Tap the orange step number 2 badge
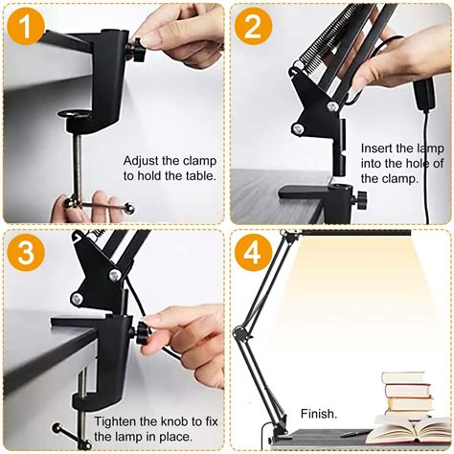pos(253,27)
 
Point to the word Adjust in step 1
pos(143,161)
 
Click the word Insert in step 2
pos(377,148)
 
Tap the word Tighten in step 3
pos(116,421)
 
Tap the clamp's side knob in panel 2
pos(364,199)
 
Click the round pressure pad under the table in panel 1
pos(76,124)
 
